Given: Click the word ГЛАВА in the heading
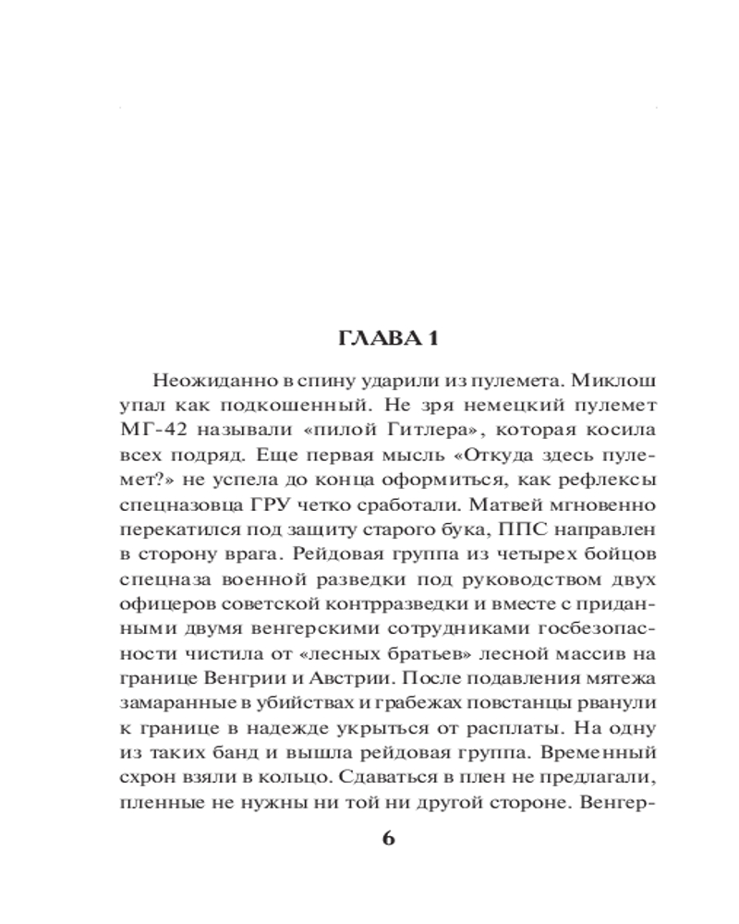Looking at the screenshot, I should (x=367, y=339).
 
